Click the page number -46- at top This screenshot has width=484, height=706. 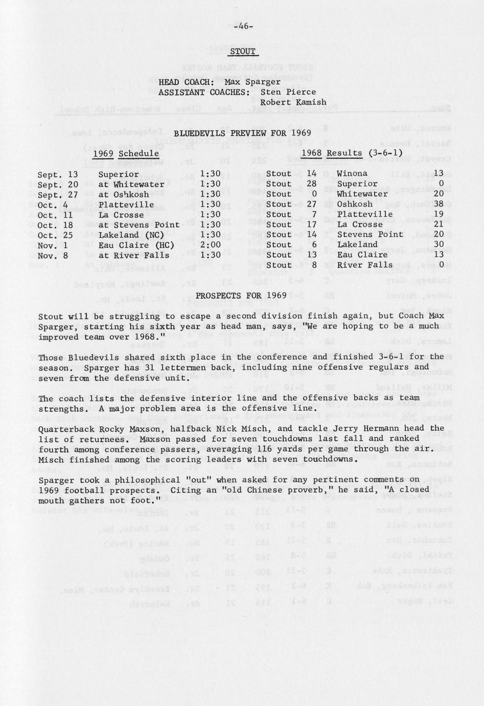(243, 27)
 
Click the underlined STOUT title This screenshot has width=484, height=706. (243, 52)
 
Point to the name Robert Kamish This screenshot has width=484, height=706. (293, 102)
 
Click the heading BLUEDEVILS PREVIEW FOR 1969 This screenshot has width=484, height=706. (243, 133)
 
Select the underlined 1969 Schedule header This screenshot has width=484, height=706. (126, 153)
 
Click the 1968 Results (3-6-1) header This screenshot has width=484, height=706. (352, 153)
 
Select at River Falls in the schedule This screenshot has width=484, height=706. (134, 255)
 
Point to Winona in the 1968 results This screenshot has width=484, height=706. (352, 173)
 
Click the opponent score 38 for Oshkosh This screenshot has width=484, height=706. (439, 204)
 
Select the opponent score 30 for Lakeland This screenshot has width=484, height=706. (439, 245)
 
